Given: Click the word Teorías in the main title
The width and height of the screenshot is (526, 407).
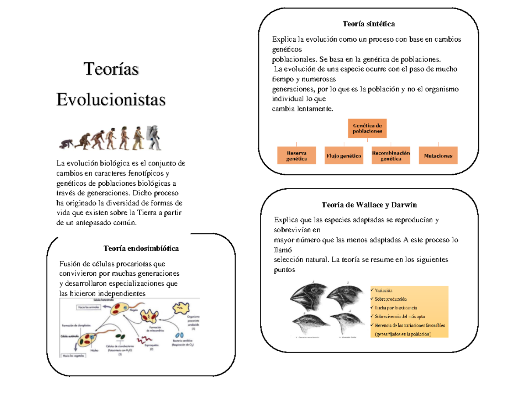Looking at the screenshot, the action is [111, 69].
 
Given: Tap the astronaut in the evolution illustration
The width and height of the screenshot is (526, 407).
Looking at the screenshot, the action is [155, 137].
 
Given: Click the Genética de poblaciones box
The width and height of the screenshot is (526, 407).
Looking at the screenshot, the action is [368, 128].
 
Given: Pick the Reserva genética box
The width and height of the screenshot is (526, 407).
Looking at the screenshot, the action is [296, 155].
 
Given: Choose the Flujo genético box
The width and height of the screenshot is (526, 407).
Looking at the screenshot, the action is [344, 155].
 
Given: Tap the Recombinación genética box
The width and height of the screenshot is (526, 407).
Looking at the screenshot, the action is [391, 155].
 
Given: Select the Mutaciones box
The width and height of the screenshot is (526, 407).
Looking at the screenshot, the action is [438, 155].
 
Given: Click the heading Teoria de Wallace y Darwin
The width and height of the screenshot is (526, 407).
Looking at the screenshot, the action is [369, 205].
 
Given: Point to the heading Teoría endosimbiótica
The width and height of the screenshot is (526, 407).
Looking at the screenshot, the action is [141, 249].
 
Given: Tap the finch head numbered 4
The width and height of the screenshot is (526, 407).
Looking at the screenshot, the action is [346, 323].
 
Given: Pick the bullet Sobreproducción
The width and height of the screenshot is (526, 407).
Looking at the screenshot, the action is [390, 299].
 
